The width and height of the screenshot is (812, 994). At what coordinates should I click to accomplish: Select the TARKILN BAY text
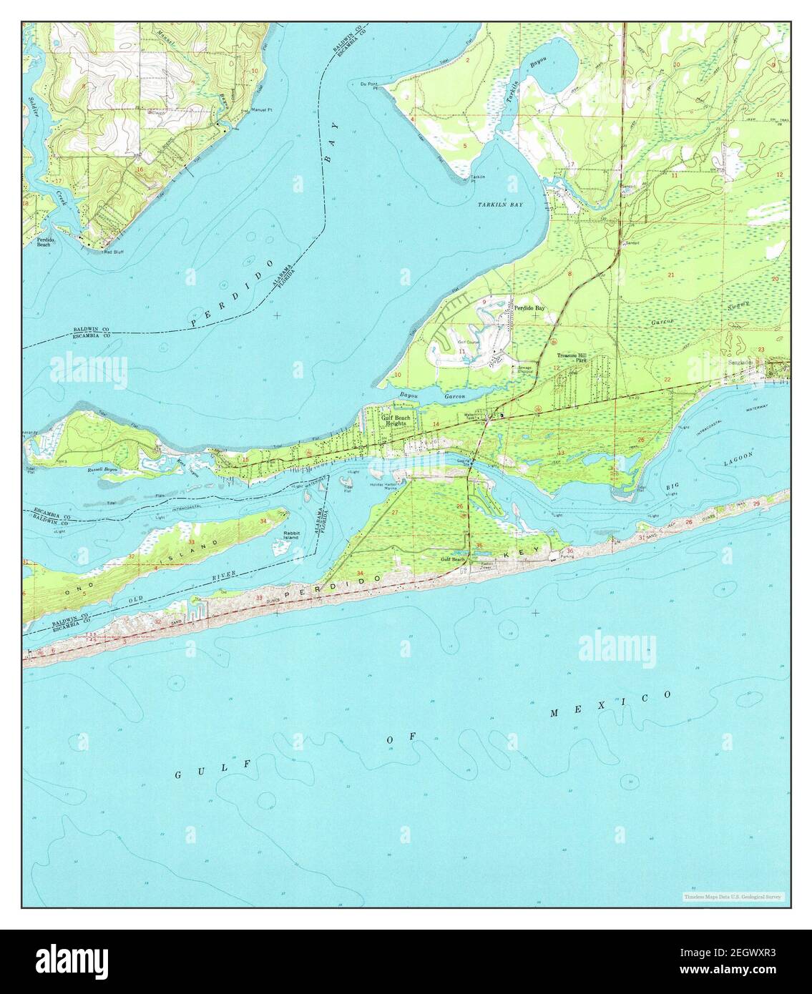coord(500,205)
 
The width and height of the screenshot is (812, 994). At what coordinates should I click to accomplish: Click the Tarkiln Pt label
coord(479,179)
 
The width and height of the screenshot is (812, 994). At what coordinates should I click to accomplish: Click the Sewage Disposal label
coord(525,370)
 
